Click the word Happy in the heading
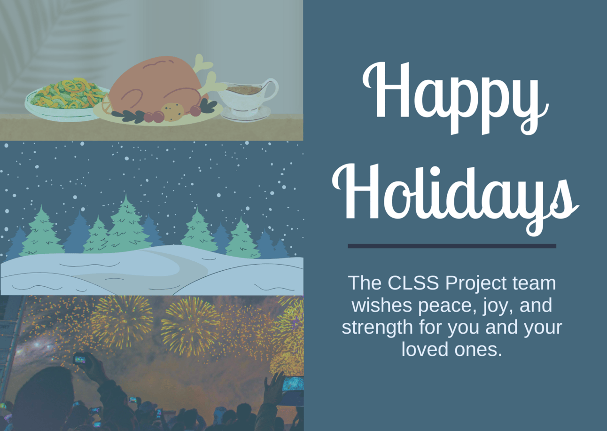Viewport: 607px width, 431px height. coord(455,98)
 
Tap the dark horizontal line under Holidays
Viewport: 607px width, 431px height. coord(452,246)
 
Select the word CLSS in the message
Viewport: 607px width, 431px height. coord(413,282)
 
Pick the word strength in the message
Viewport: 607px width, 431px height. coord(377,327)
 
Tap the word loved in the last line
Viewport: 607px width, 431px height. coord(425,349)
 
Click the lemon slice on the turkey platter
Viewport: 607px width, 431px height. coord(107,104)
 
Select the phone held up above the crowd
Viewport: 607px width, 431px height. coord(79,359)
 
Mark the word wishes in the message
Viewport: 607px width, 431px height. coord(383,305)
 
